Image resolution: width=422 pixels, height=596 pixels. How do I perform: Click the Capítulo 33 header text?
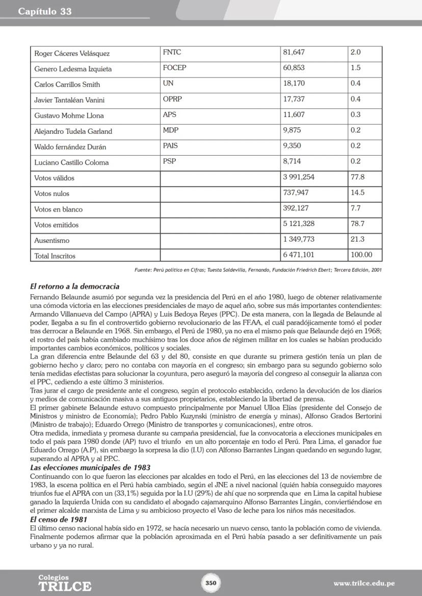[45, 11]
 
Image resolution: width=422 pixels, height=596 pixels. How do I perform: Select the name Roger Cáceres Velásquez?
[72, 53]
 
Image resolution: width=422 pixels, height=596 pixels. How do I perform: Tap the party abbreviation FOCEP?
[174, 68]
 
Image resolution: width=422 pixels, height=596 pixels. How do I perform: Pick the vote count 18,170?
[294, 83]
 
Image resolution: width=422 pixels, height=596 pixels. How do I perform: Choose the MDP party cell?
[171, 130]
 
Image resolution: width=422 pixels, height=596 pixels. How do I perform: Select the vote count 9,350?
[292, 146]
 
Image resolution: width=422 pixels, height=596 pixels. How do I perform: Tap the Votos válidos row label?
[54, 178]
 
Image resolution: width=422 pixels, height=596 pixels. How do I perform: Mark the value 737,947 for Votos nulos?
[296, 193]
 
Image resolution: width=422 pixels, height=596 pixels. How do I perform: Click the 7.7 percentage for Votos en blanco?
[355, 209]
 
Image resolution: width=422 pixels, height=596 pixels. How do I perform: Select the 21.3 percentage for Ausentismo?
[357, 240]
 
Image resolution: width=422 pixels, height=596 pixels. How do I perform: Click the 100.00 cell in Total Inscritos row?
[361, 255]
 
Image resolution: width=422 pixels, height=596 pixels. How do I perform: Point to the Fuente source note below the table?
[258, 270]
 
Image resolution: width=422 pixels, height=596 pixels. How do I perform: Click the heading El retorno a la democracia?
[74, 287]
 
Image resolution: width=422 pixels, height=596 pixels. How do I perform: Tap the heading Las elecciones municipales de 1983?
[90, 467]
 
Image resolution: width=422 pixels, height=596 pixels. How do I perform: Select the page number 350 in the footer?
[211, 583]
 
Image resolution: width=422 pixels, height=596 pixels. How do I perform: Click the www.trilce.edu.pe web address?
[364, 583]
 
